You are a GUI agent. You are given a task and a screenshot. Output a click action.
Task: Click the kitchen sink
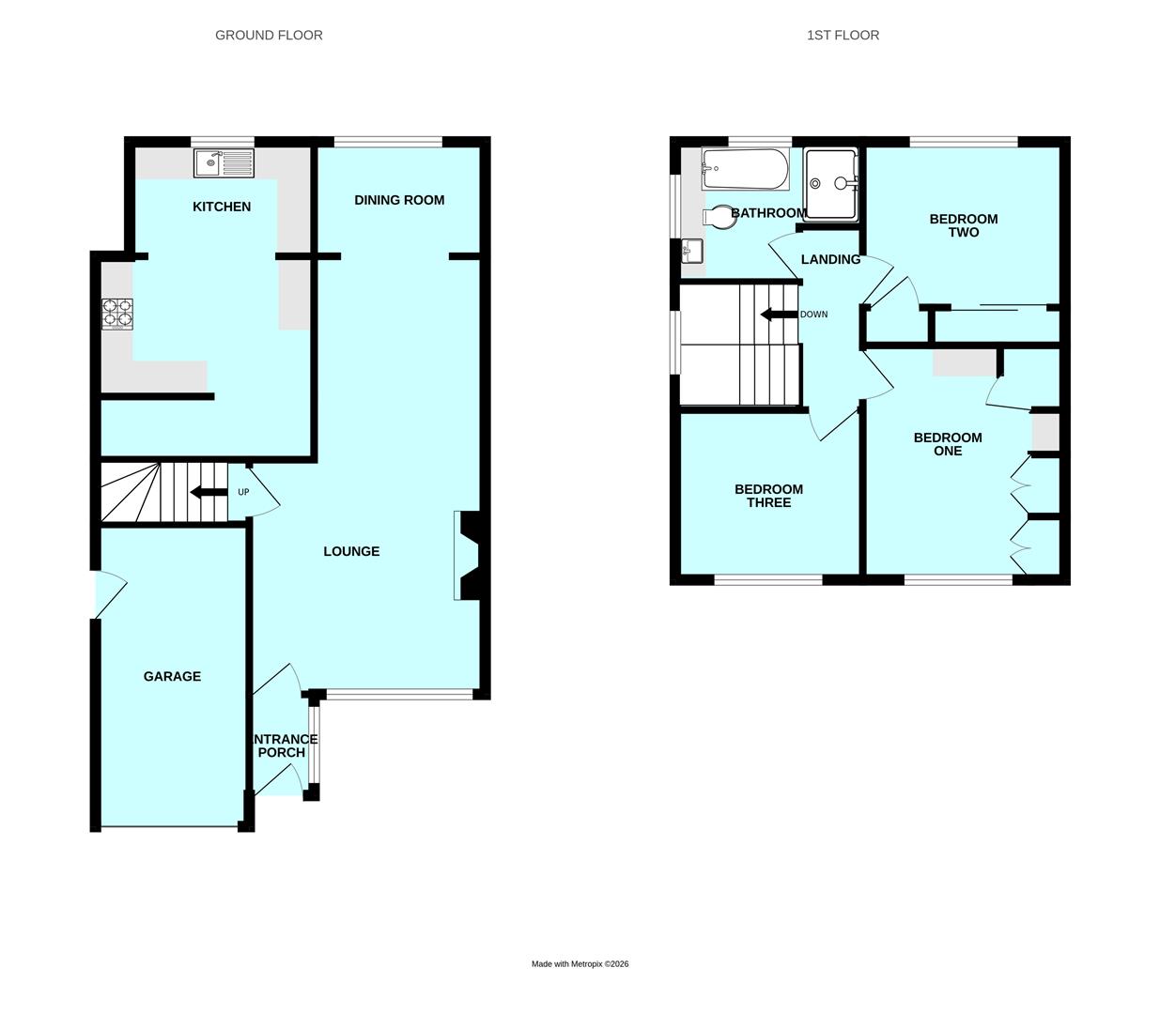(224, 163)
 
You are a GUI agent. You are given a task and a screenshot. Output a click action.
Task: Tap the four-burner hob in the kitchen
(117, 314)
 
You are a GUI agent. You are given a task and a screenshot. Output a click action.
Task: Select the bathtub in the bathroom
(745, 169)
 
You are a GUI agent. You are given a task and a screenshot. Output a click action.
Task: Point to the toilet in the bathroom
(719, 217)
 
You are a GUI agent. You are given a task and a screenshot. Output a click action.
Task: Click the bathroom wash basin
(691, 251)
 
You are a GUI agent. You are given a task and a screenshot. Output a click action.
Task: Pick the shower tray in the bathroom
(831, 184)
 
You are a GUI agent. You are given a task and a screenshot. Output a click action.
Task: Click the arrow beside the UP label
(209, 492)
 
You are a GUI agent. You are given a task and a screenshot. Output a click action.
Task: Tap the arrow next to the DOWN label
(779, 315)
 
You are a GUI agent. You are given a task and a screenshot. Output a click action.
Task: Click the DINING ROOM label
(399, 200)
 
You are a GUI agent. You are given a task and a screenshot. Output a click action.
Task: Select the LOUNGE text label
(351, 551)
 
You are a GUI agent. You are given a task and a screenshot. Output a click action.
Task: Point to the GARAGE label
(172, 676)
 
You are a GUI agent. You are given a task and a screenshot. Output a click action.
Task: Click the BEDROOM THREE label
(769, 496)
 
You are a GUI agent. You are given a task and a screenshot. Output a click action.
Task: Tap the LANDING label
(830, 259)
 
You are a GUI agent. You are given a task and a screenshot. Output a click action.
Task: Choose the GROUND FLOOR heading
(269, 35)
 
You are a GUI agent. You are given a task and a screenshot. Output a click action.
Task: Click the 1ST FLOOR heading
(843, 35)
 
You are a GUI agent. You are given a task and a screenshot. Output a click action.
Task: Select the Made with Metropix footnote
(580, 964)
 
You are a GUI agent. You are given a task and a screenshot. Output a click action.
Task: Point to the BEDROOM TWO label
(964, 225)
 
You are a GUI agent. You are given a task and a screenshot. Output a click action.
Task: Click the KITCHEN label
(222, 207)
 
